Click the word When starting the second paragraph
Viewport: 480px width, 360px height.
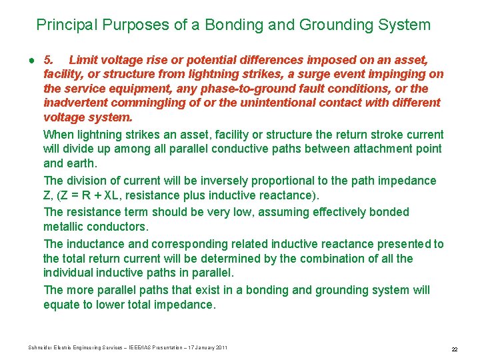pos(59,134)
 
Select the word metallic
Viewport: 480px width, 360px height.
pos(63,227)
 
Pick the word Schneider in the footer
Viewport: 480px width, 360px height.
pos(42,347)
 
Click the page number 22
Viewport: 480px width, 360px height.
pos(454,349)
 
